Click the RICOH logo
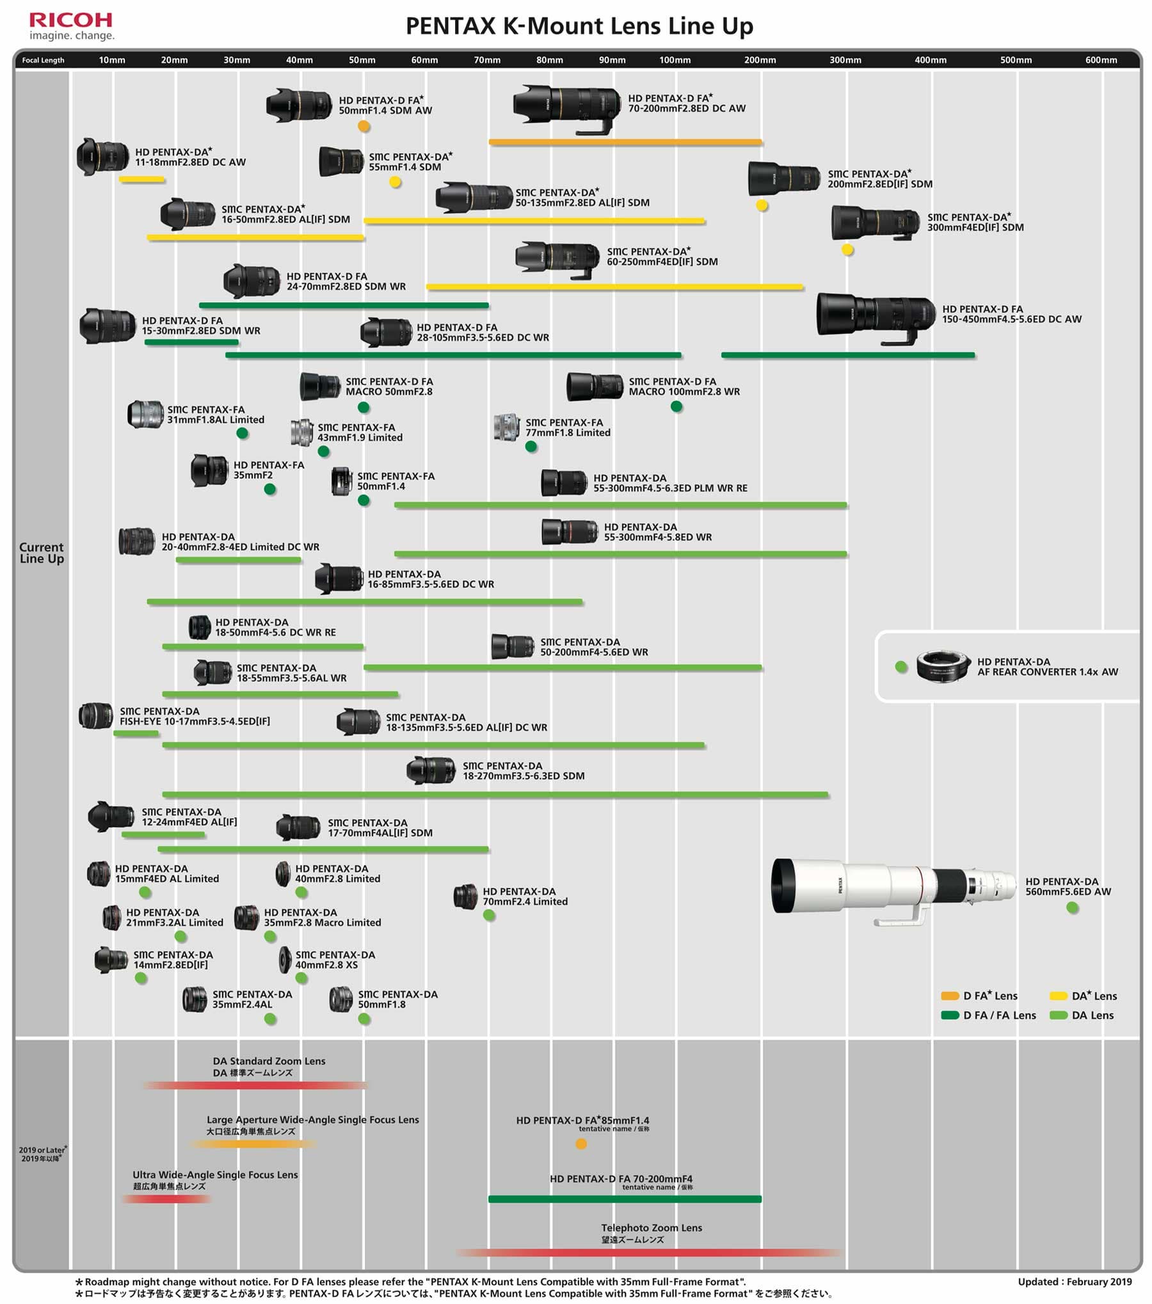[70, 20]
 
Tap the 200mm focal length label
[760, 60]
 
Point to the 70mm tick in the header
[487, 60]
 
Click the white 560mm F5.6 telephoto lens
[893, 889]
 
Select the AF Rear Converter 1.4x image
[943, 667]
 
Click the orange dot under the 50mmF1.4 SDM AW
[364, 126]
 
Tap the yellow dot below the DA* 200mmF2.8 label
[762, 205]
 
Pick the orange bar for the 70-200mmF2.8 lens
[625, 142]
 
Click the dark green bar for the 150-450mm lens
[848, 354]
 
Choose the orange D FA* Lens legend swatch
[950, 996]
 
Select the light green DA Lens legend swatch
[1059, 1015]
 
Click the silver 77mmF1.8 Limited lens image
[506, 427]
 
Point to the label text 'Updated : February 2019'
[1075, 1282]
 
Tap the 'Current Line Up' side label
[42, 553]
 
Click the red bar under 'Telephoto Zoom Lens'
[649, 1252]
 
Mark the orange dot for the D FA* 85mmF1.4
[581, 1143]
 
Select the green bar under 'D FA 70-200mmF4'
[625, 1198]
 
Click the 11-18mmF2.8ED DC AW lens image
[102, 156]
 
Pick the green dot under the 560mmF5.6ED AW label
[1073, 907]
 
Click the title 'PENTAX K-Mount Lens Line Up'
[579, 26]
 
